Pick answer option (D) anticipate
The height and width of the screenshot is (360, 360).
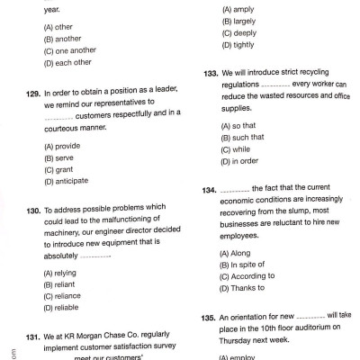pos(67,180)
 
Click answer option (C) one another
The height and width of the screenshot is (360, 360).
pos(67,52)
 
